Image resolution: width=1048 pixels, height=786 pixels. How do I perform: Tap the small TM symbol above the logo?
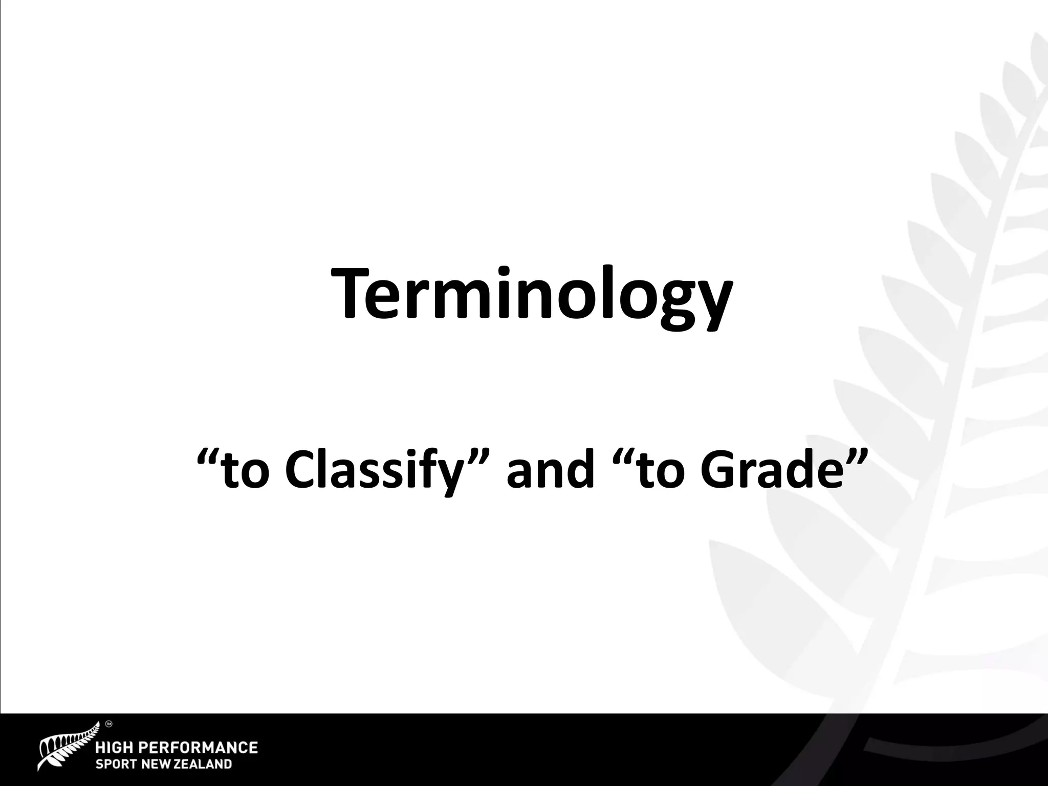(x=108, y=724)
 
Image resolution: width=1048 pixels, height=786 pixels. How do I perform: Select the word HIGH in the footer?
(x=117, y=748)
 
